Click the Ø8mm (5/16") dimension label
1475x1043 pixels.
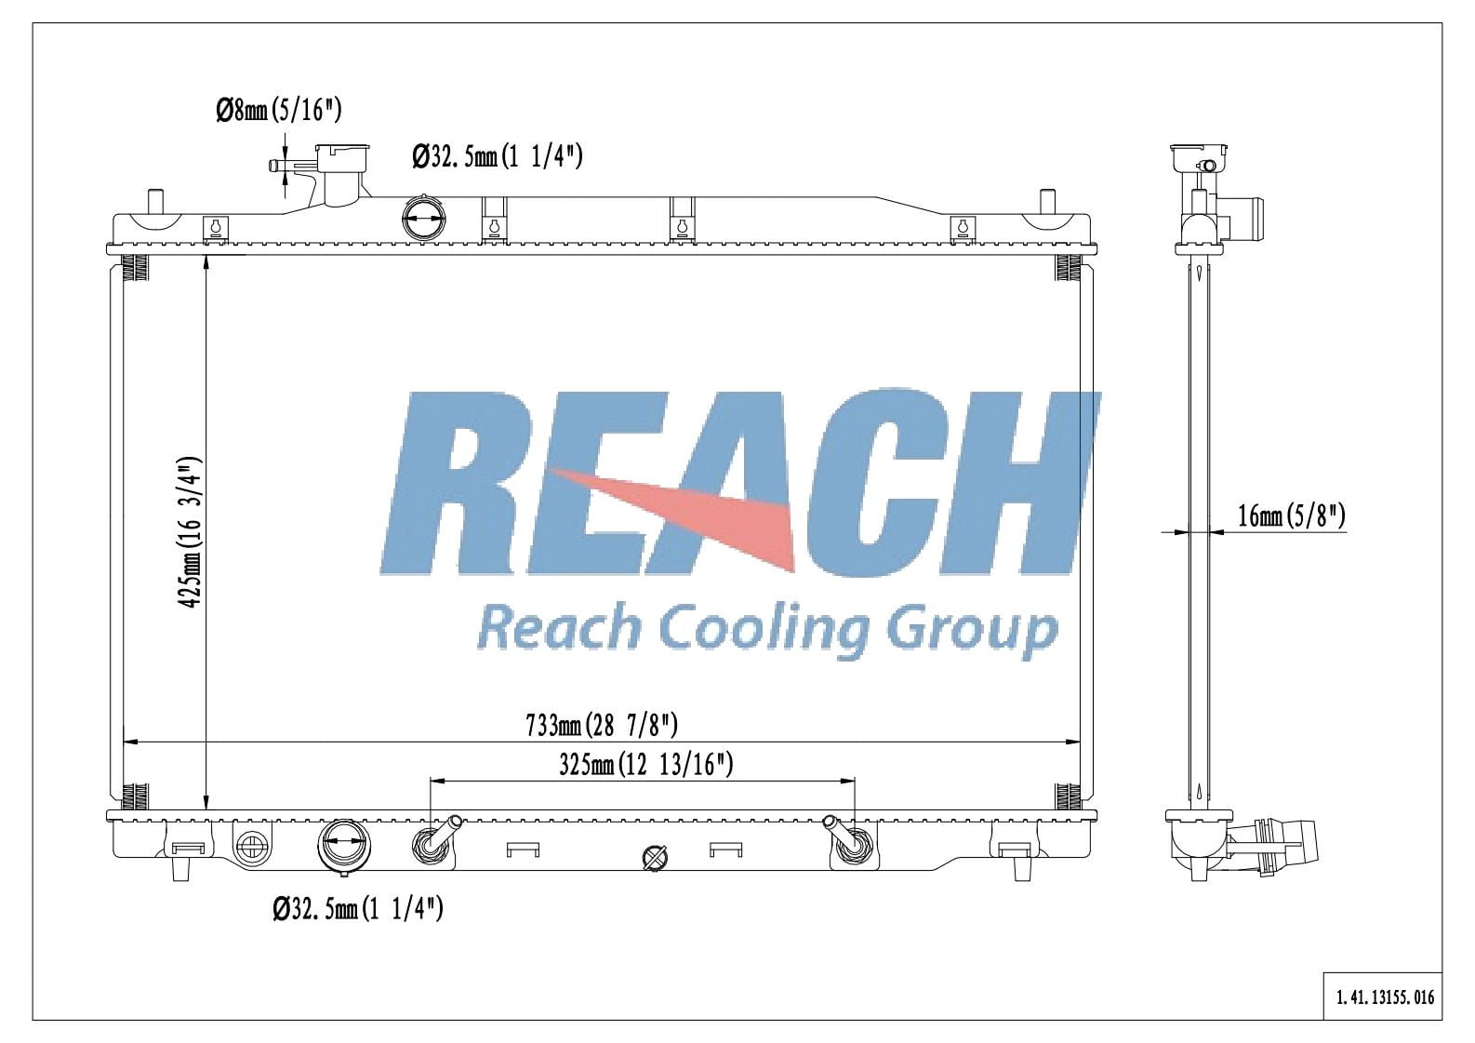click(279, 112)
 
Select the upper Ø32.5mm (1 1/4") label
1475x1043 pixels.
click(498, 156)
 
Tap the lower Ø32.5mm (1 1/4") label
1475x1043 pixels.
click(358, 908)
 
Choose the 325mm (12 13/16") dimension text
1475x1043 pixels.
click(646, 765)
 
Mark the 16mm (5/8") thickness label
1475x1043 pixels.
click(1292, 515)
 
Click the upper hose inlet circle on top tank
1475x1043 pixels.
click(423, 221)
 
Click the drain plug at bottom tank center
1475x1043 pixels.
click(656, 858)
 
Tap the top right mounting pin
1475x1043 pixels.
click(1047, 202)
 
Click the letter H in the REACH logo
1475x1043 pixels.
click(1032, 484)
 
